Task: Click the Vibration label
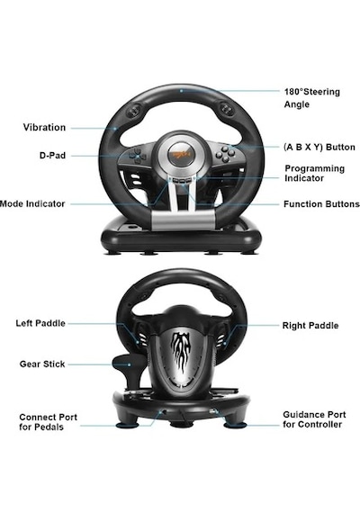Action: click(x=44, y=127)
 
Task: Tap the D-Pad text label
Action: click(x=53, y=156)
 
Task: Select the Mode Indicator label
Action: click(x=32, y=203)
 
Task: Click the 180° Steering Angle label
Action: click(x=312, y=98)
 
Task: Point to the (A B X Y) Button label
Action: click(x=319, y=148)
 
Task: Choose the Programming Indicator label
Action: click(x=314, y=174)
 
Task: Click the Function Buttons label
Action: click(x=321, y=204)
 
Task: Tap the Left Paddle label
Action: click(x=40, y=323)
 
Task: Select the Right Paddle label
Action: click(x=310, y=326)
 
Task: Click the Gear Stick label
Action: click(x=42, y=364)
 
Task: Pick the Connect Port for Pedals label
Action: click(x=48, y=422)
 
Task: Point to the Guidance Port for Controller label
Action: click(x=314, y=419)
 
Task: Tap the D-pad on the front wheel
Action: click(x=137, y=156)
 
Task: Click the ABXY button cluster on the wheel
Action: click(x=226, y=154)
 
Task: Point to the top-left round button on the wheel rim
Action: click(x=133, y=110)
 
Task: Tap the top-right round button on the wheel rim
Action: click(x=226, y=108)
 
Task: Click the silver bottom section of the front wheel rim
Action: click(x=183, y=220)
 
